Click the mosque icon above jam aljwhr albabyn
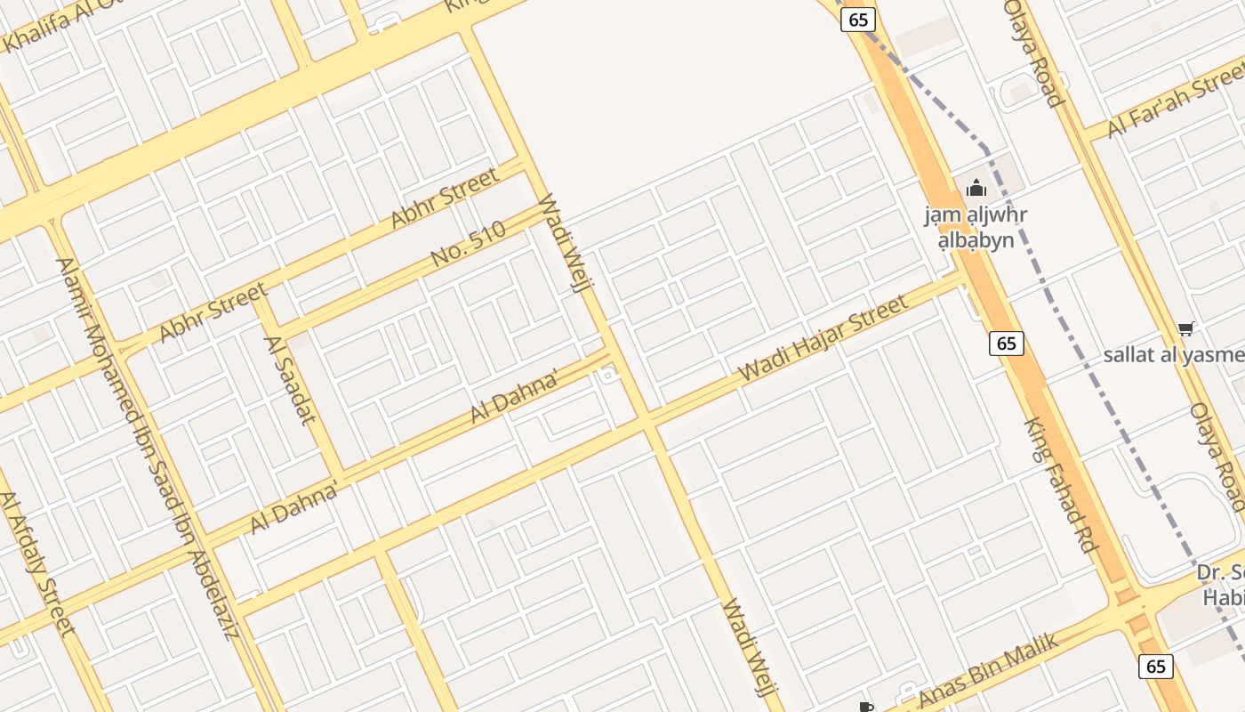coord(976,188)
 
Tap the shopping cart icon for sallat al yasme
coord(1185,329)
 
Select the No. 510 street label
coord(468,244)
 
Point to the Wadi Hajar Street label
coord(823,337)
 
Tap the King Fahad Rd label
coord(1060,486)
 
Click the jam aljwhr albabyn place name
coord(976,228)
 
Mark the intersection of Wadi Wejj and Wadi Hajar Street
coord(648,420)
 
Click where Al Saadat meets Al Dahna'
coord(340,473)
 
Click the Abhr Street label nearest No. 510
coord(445,198)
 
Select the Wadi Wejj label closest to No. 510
coord(564,242)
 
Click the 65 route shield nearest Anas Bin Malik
coord(1155,666)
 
